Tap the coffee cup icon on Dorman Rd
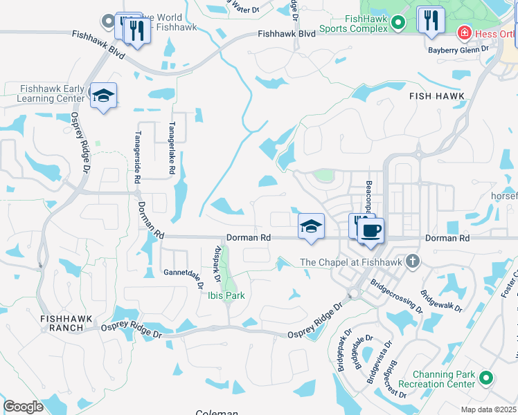pyautogui.click(x=370, y=230)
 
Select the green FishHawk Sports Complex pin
pyautogui.click(x=398, y=24)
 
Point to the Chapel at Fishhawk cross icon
pyautogui.click(x=413, y=261)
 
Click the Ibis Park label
pyautogui.click(x=226, y=295)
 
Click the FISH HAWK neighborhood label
pyautogui.click(x=436, y=95)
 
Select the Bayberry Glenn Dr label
pyautogui.click(x=458, y=49)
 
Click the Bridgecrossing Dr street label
pyautogui.click(x=395, y=295)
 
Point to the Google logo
pyautogui.click(x=23, y=407)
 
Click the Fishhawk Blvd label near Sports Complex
pyautogui.click(x=286, y=33)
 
